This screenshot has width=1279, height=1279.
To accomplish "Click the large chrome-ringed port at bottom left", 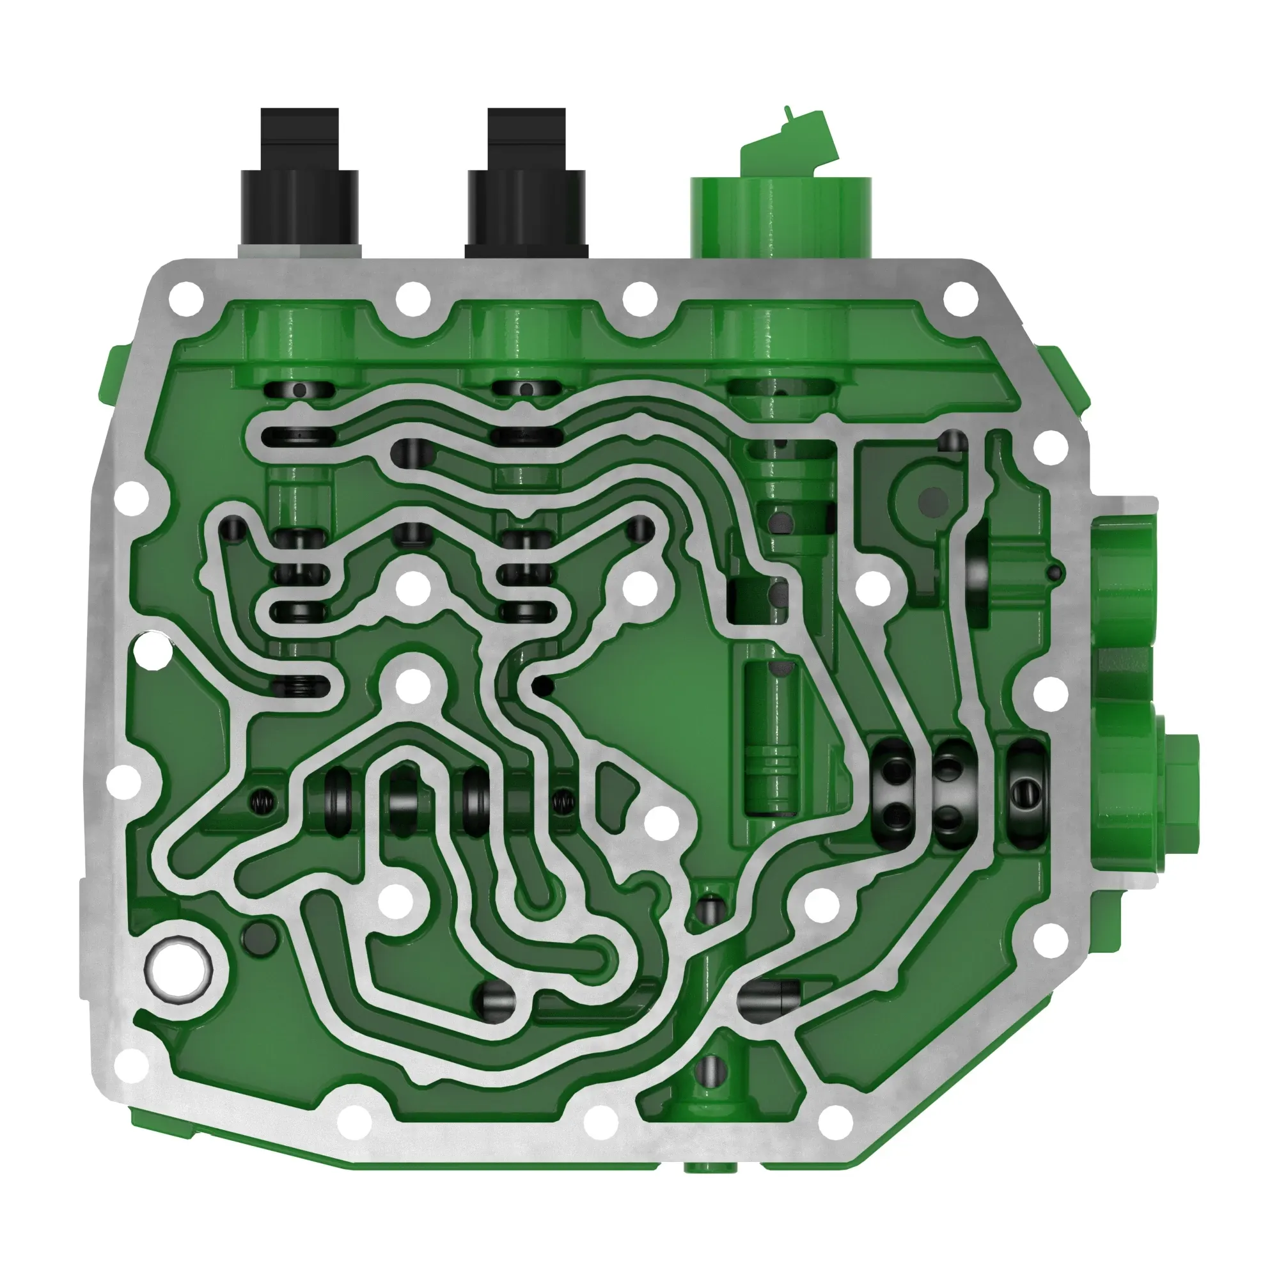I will [x=179, y=971].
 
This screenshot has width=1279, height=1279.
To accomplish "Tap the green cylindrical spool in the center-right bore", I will [x=773, y=735].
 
